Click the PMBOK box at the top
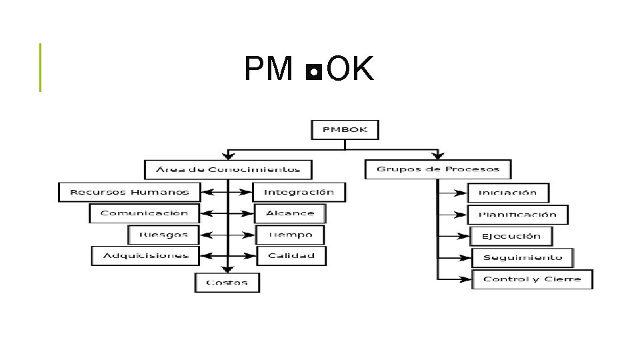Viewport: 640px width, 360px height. [345, 129]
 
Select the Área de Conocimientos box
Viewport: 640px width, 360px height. [228, 169]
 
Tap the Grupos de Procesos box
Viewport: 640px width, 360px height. [437, 169]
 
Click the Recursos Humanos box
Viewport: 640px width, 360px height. [129, 192]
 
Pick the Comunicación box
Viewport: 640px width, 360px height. [144, 213]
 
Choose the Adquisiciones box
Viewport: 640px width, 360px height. [145, 255]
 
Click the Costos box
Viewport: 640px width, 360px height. [227, 282]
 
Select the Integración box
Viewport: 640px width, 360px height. [299, 192]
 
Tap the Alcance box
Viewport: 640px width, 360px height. [290, 213]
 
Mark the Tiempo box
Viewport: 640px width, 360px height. [290, 235]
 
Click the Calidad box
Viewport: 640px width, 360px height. [291, 255]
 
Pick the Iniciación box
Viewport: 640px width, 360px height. [508, 193]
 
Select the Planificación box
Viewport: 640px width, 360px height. [517, 215]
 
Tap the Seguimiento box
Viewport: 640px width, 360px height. [522, 257]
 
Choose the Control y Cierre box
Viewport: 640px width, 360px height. [532, 279]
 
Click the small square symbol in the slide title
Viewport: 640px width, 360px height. [313, 71]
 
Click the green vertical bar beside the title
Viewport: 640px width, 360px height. [40, 67]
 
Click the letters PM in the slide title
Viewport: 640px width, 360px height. [269, 69]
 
